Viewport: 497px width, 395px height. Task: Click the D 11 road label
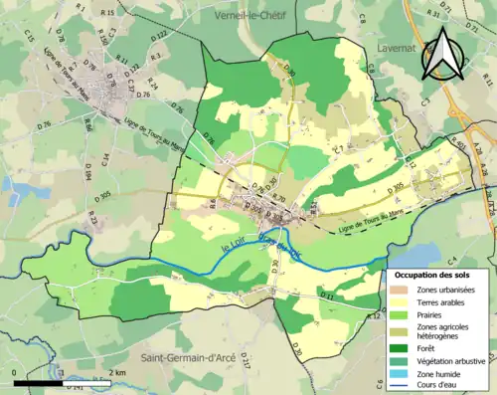(328, 296)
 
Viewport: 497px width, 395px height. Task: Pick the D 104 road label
(87, 175)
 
